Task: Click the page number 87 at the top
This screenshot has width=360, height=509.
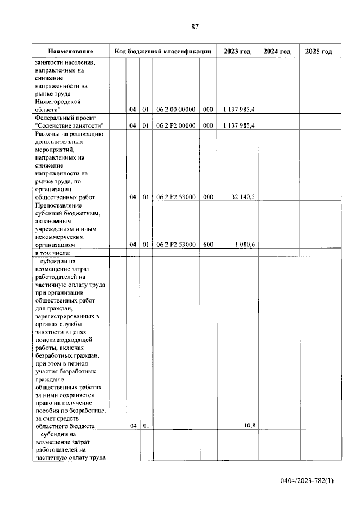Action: coord(195,26)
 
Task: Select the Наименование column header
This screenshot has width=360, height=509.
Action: coord(70,51)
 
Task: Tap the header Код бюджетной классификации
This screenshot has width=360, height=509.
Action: coord(163,51)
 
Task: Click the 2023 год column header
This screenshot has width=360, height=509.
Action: coord(237,51)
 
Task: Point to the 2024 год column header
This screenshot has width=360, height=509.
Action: coord(278,51)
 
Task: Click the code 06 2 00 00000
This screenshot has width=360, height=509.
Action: coord(175,110)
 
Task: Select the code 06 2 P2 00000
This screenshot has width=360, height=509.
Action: coord(175,125)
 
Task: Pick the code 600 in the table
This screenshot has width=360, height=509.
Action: coord(208,245)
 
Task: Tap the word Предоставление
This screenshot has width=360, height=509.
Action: coord(61,206)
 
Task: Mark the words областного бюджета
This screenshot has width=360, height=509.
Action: coord(65,426)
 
